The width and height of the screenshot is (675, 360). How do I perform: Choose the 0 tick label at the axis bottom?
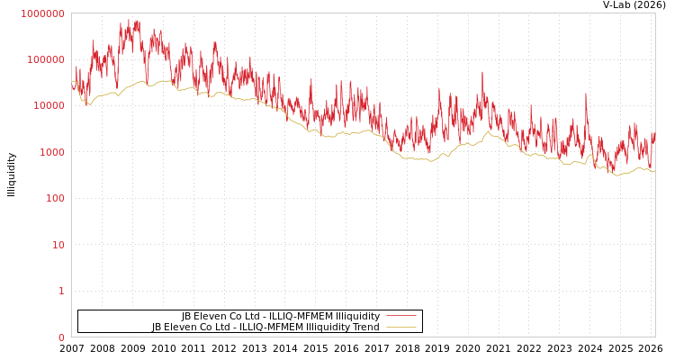[61, 337]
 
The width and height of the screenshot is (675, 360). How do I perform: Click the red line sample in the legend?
[400, 316]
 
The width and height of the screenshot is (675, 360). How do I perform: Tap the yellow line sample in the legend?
[400, 327]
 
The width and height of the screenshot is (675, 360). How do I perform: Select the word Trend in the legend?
[365, 327]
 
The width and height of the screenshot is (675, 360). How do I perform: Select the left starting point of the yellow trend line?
[72, 81]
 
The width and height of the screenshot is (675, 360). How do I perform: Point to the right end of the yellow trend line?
[654, 170]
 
